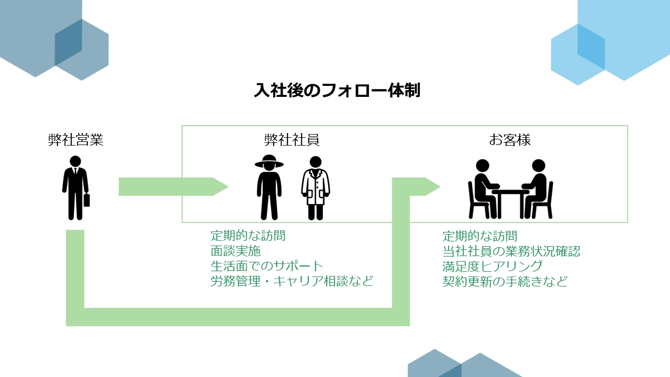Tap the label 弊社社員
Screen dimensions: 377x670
click(x=292, y=140)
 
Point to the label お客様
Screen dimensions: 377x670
click(x=510, y=140)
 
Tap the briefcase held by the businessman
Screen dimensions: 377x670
click(x=87, y=200)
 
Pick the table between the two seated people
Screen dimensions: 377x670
click(x=510, y=198)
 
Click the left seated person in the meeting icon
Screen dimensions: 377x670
click(x=484, y=188)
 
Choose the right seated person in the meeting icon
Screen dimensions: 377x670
click(x=537, y=188)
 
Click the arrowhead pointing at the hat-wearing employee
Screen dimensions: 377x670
click(x=221, y=186)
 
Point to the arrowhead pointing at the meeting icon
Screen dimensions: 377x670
click(x=432, y=186)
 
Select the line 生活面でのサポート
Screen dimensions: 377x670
click(x=267, y=266)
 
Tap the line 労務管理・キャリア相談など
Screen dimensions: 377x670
click(x=292, y=281)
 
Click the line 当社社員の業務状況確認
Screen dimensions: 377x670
click(x=511, y=251)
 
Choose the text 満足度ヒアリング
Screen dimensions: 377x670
click(x=492, y=266)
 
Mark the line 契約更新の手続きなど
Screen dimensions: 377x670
click(x=505, y=281)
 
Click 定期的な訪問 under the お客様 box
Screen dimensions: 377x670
click(x=480, y=236)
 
